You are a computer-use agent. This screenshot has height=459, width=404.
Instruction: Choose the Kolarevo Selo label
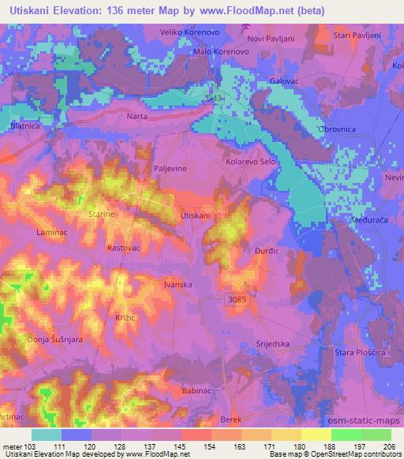250,162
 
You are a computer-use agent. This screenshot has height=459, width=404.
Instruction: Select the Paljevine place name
166,169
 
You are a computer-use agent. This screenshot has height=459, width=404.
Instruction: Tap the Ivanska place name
178,284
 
